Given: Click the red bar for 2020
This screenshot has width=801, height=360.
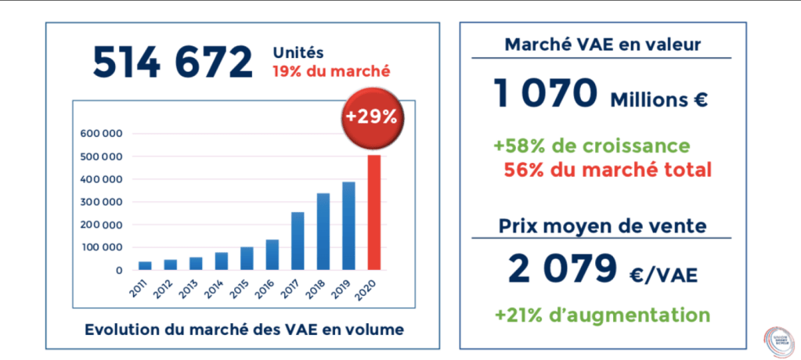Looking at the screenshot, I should tap(374, 213).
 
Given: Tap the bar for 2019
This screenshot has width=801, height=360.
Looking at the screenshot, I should tap(348, 226).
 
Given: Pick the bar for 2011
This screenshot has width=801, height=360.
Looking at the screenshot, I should tap(145, 265).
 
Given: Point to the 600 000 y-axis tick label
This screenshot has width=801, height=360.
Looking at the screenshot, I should tap(102, 134).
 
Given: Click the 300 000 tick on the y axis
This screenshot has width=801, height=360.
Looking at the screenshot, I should tap(102, 202).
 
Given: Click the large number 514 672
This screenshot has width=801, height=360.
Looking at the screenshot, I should tap(173, 63).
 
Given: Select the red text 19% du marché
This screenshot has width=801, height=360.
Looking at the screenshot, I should tap(331, 72).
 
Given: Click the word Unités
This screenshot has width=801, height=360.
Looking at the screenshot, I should tap(297, 53).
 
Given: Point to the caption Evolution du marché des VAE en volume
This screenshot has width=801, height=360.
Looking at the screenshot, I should tap(244, 329).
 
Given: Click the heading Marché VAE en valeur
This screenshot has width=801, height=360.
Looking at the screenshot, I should tap(602, 45).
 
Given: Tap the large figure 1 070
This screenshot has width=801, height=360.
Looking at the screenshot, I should tap(547, 95).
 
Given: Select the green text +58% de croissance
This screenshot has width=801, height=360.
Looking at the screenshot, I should tap(592, 146).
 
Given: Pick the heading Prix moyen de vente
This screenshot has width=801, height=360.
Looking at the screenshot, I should tap(602, 226).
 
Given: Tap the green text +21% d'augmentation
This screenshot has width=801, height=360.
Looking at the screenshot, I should tap(602, 315).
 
